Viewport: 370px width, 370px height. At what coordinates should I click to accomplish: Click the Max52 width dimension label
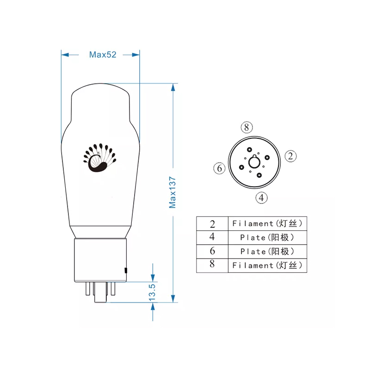103,55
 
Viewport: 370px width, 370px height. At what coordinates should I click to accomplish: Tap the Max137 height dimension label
173,191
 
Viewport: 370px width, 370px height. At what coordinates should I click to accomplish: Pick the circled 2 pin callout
290,156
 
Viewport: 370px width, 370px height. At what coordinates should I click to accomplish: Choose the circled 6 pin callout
220,168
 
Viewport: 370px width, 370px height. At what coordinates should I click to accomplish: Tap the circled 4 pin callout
262,197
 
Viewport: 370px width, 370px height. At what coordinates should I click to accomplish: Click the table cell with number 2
212,224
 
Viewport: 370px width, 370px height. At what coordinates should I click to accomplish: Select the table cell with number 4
212,238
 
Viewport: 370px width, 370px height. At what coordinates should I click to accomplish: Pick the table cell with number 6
212,252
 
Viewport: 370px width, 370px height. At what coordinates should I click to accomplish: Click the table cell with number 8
212,265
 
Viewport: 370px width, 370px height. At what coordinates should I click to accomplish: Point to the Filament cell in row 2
267,224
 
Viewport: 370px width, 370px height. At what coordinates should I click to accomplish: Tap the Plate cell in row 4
267,238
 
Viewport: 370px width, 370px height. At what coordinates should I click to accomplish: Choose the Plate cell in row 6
267,252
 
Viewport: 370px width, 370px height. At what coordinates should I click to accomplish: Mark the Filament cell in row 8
267,265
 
